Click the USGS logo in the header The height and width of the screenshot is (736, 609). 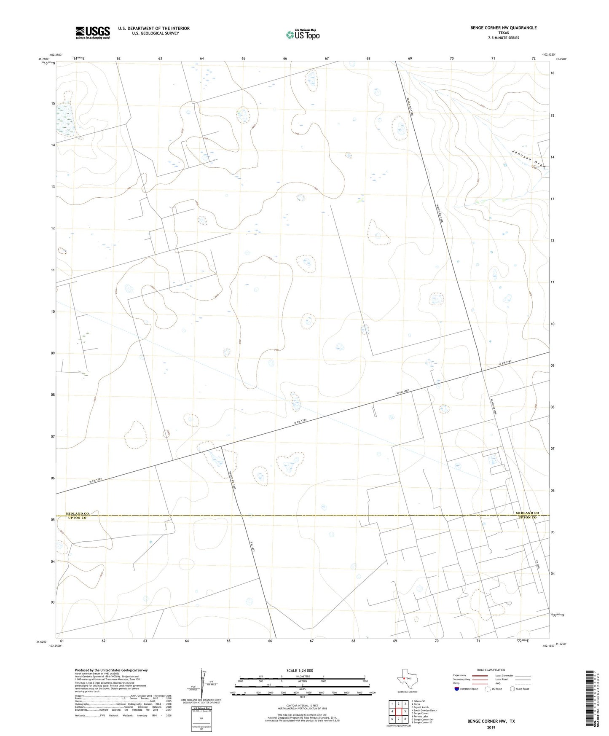(93, 32)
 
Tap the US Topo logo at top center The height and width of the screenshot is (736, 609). (303, 35)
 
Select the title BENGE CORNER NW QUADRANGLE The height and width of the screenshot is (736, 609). (503, 28)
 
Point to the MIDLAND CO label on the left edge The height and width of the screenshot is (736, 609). (77, 513)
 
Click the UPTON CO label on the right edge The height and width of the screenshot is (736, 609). (527, 517)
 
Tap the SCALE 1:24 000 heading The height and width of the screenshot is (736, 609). (300, 671)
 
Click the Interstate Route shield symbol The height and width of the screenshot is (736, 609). (457, 689)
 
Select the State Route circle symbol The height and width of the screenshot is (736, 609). (512, 689)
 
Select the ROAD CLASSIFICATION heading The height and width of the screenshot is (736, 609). (491, 670)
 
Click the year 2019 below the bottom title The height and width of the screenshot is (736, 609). (491, 727)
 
